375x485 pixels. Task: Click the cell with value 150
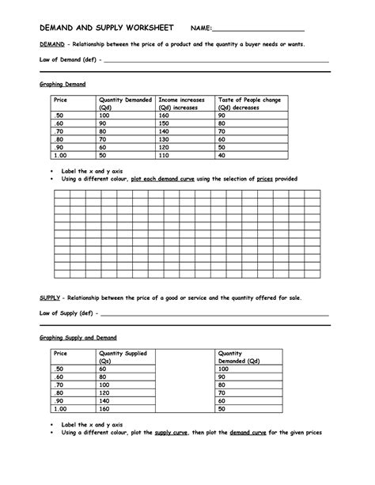pos(165,123)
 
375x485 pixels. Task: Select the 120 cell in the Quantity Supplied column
pos(104,393)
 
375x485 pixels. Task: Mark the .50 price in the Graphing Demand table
pos(57,116)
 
